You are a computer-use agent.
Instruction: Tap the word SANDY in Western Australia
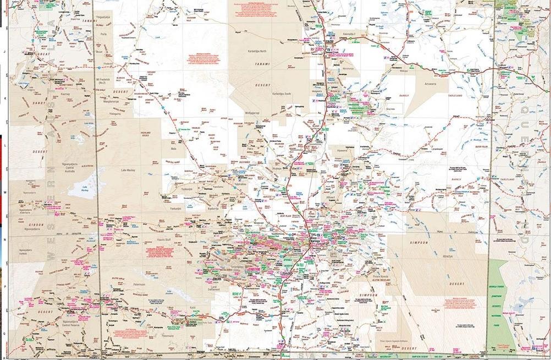[23, 102]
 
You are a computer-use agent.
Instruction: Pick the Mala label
[174, 148]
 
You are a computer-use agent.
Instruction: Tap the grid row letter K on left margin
[4, 99]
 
